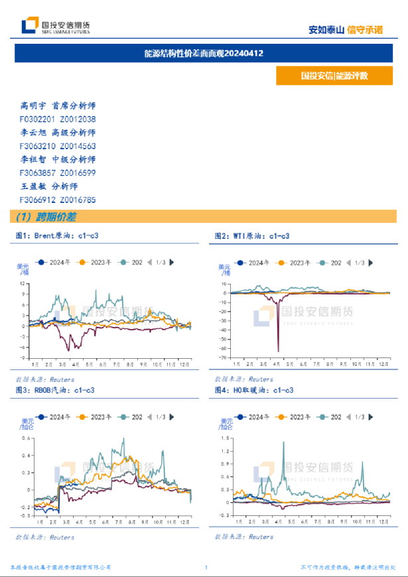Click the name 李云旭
tap(33, 133)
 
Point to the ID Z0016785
tap(78, 199)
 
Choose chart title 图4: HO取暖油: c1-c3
tap(254, 390)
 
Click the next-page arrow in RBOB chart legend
tap(172, 417)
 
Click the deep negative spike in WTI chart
tap(278, 350)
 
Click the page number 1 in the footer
tap(206, 568)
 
